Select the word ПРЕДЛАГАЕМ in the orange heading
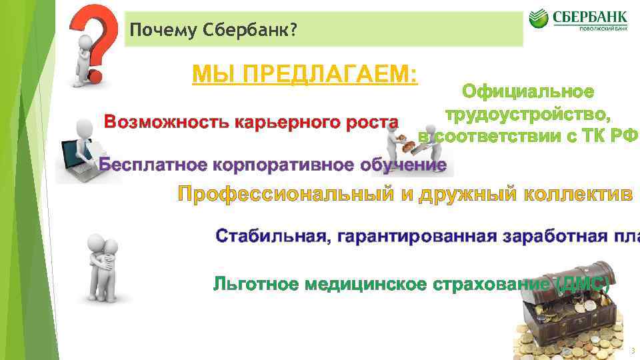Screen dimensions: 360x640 (x=328, y=75)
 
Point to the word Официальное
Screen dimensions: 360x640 (x=528, y=91)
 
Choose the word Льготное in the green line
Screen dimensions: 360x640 (x=255, y=284)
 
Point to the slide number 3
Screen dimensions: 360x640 (x=631, y=351)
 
